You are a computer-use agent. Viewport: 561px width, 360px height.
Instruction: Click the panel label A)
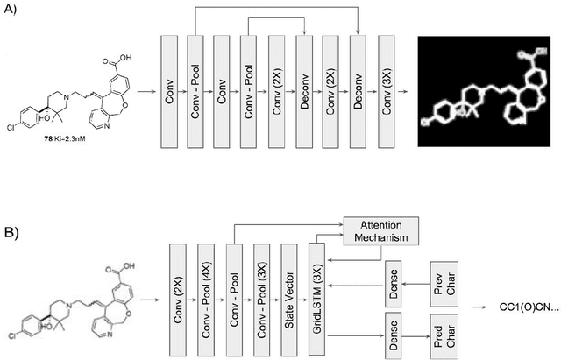tap(15, 12)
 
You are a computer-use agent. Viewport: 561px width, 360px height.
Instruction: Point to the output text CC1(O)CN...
tap(527, 307)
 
